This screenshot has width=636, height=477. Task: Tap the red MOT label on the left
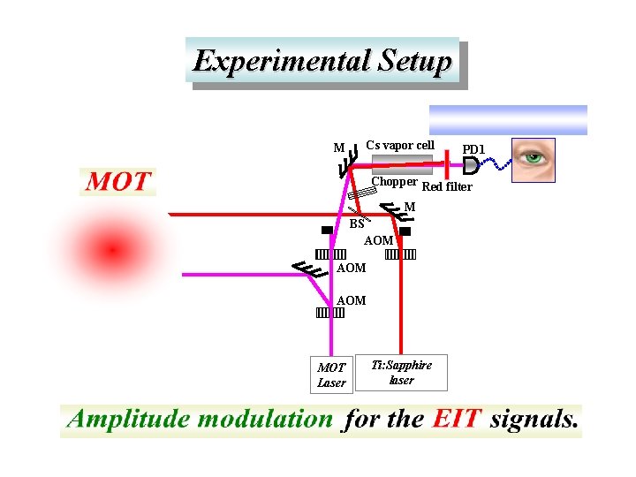coord(118,182)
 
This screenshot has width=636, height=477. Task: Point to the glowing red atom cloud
coord(112,251)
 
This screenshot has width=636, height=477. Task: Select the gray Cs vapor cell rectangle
coord(403,162)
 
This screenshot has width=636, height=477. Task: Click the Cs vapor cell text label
coord(400,145)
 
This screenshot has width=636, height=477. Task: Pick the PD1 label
coord(474,149)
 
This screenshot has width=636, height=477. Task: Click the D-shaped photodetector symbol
coord(471,165)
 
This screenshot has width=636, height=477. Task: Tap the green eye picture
coord(534,160)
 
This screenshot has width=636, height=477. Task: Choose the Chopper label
coord(394,182)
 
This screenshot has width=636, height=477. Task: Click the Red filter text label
coord(447,186)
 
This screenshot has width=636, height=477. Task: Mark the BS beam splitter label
coord(357,224)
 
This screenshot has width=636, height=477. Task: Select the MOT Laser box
coord(331,375)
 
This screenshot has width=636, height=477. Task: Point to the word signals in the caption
coord(534,419)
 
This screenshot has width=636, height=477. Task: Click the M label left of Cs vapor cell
coord(338,148)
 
